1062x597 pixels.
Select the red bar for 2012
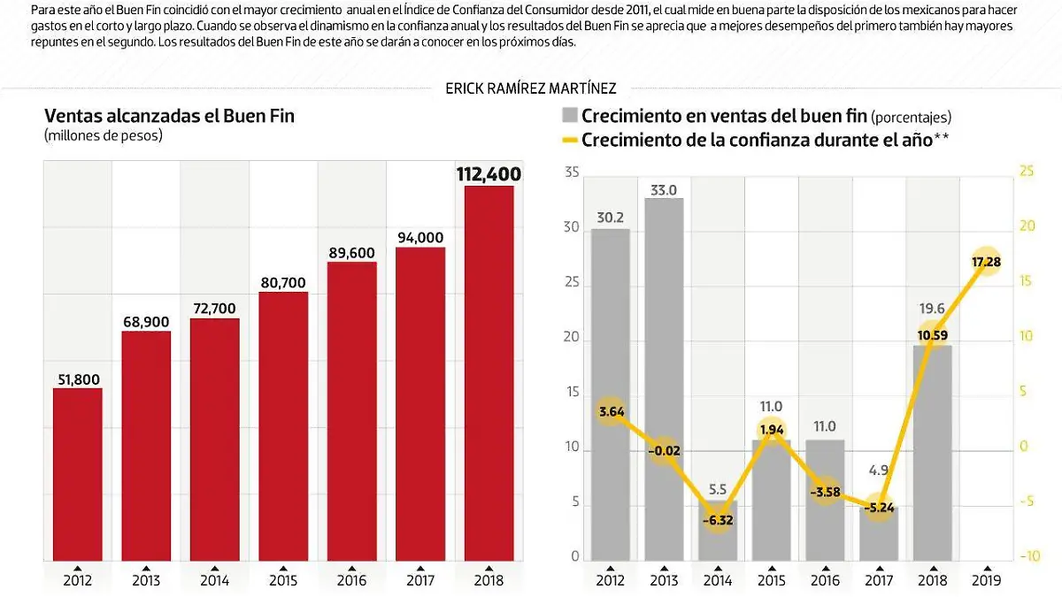[77, 473]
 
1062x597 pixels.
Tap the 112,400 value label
[489, 174]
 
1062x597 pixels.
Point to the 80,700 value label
[283, 283]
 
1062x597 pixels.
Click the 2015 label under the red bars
[283, 580]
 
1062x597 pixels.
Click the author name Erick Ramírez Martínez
[531, 88]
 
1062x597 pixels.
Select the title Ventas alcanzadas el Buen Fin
[169, 116]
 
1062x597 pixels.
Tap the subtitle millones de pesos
[104, 135]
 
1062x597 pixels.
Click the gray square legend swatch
[569, 116]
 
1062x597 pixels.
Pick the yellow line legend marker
[569, 140]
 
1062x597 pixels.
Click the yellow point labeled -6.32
[718, 521]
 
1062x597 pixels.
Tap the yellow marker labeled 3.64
[611, 411]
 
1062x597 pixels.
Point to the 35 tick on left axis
[571, 172]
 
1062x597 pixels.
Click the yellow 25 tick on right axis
[1027, 171]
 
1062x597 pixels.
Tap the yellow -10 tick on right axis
[1029, 556]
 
